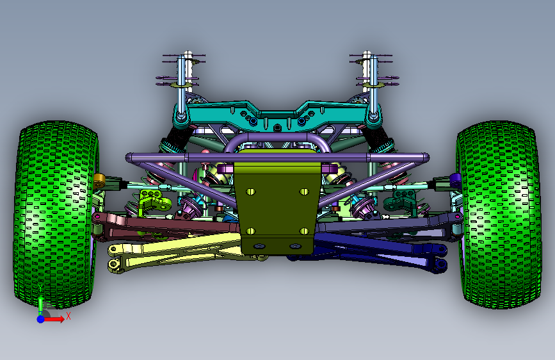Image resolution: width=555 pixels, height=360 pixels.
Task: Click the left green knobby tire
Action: click(x=55, y=215)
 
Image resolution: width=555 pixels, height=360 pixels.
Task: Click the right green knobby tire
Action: click(x=499, y=215)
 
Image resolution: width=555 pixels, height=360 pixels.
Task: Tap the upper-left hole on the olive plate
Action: click(x=250, y=192)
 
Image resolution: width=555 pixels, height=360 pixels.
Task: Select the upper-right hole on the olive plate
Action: click(x=304, y=192)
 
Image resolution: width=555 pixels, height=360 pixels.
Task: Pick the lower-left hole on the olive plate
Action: click(x=250, y=231)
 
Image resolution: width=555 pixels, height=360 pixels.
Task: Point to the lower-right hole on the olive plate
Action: click(x=304, y=231)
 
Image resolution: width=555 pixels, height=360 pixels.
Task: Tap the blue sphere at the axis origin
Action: click(x=41, y=319)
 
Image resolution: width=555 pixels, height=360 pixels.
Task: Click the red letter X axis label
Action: click(x=68, y=316)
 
